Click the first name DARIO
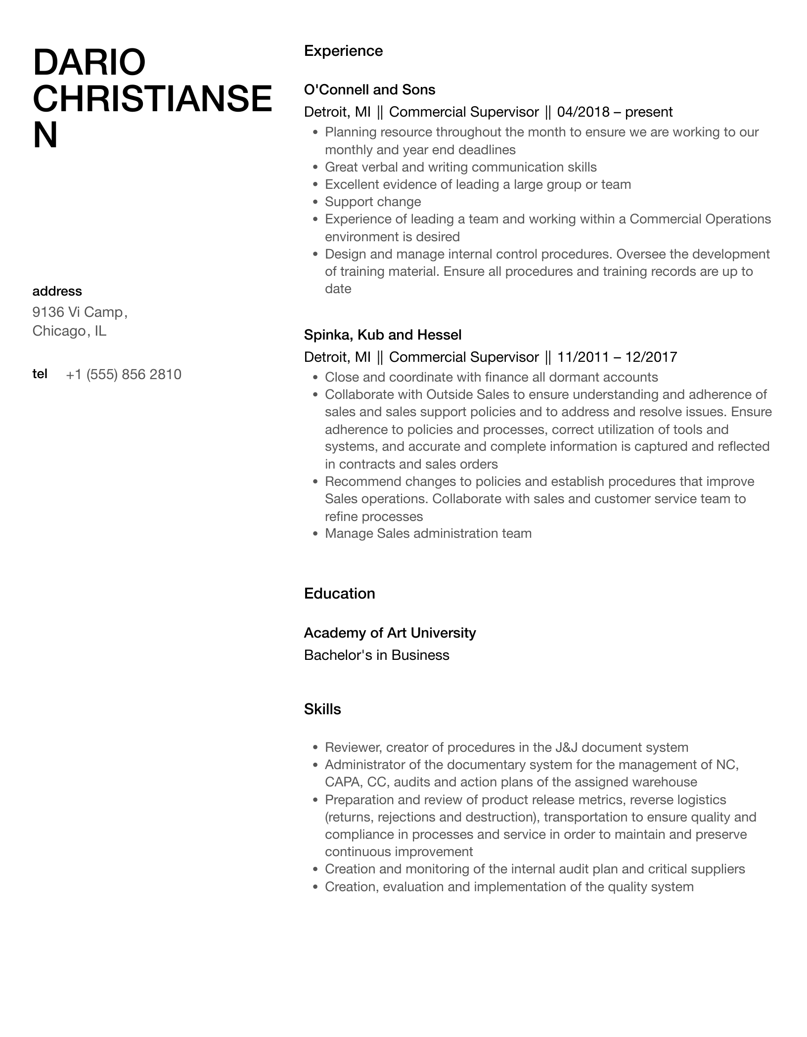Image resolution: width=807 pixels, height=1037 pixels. tap(89, 63)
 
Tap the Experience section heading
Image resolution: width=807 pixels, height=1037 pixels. tap(343, 51)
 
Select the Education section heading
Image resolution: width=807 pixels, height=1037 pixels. tap(339, 593)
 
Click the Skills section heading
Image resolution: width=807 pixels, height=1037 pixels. tap(322, 709)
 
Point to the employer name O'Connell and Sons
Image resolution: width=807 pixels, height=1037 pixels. tap(369, 89)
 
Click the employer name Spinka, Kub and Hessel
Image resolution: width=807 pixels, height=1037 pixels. tap(382, 335)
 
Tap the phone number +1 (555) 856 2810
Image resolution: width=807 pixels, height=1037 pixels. tap(124, 374)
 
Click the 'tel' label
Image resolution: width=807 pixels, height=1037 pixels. tap(40, 374)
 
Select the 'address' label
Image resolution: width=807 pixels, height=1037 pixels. tap(57, 291)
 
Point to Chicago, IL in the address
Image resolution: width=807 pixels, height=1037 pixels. tap(69, 331)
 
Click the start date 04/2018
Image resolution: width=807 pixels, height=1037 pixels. tap(583, 112)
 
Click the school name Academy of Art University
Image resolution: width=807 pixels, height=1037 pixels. tap(390, 633)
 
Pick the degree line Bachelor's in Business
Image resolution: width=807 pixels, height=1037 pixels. tap(376, 655)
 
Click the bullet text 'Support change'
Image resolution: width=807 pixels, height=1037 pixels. tap(373, 202)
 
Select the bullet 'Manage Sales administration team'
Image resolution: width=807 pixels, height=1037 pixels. tap(428, 533)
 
